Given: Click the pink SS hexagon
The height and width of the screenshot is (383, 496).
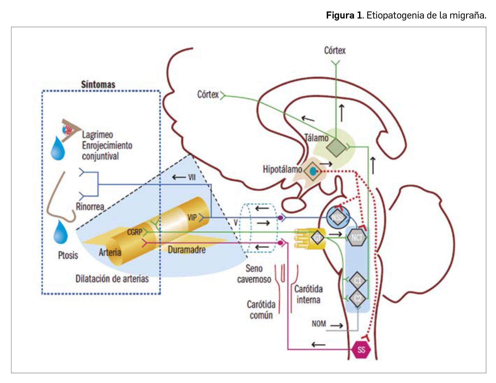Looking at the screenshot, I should [361, 349].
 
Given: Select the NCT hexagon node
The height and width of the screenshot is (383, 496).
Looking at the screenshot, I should [357, 238].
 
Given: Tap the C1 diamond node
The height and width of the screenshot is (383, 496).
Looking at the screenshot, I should [357, 280].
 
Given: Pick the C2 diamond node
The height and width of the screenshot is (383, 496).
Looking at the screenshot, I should [358, 298].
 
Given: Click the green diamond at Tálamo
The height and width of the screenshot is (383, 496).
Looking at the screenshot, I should [336, 147].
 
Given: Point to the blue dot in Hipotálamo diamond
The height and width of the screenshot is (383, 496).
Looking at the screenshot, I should [313, 171].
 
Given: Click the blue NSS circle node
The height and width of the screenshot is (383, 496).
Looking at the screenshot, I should [338, 217].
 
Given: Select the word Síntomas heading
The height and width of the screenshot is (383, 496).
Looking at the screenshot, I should [98, 84].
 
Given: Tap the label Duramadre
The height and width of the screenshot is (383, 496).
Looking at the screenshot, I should [187, 250].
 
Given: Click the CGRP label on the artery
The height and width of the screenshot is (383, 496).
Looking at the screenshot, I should [135, 232].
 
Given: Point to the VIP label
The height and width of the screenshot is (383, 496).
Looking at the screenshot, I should [192, 217].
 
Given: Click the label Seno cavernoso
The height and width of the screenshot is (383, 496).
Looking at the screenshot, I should [254, 274].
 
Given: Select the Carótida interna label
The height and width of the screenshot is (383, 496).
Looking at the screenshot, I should [309, 294].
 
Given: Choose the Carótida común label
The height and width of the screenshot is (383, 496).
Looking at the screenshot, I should [261, 310].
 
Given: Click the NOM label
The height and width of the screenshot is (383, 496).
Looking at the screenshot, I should [319, 324].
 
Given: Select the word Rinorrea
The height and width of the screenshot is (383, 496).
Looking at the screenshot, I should [90, 207].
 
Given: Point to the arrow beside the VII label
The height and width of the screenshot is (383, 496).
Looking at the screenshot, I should [179, 177].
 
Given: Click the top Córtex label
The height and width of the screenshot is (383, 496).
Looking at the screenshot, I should [335, 50].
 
